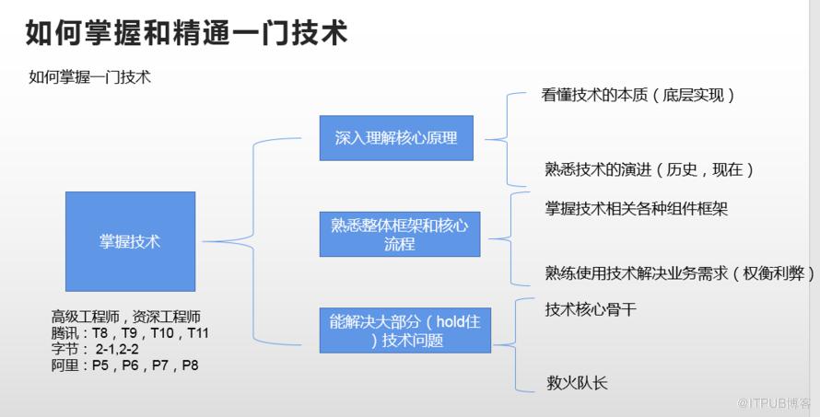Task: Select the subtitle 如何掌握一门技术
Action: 89,77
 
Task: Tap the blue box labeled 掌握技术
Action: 130,242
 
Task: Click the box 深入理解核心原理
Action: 396,139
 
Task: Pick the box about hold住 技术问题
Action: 405,330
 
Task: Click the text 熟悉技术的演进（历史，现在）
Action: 650,169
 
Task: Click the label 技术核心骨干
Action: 591,309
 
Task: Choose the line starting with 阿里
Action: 125,365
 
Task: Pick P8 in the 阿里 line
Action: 189,365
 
